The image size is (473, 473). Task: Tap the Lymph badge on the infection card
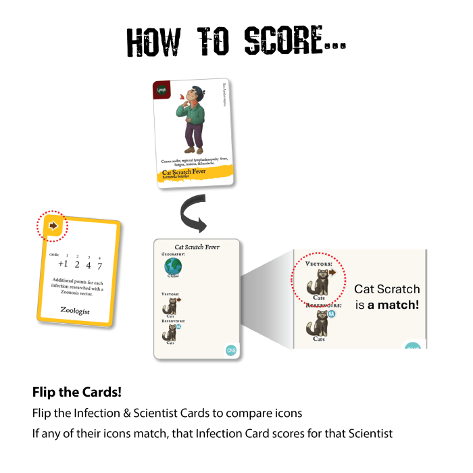162,90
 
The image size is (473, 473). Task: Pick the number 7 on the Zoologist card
99,265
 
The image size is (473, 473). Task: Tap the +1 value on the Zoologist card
64,265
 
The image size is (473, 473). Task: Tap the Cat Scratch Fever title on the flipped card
197,247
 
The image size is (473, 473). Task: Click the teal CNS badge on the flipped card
231,349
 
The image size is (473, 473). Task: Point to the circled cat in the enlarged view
317,278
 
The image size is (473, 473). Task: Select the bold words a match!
394,305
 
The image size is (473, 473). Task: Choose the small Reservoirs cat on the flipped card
170,332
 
